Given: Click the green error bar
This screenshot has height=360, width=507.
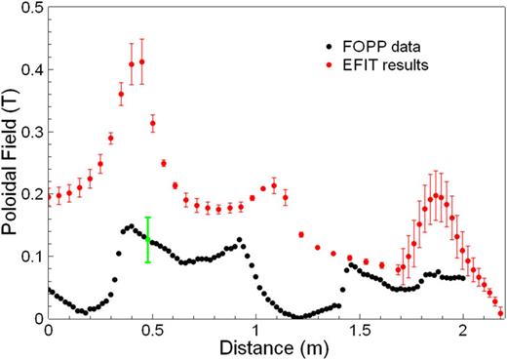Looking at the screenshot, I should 147,239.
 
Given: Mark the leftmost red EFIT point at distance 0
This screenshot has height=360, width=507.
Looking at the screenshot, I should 49,197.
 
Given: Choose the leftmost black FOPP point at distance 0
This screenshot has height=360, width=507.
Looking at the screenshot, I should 49,290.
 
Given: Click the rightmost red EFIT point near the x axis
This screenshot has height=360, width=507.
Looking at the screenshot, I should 500,313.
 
